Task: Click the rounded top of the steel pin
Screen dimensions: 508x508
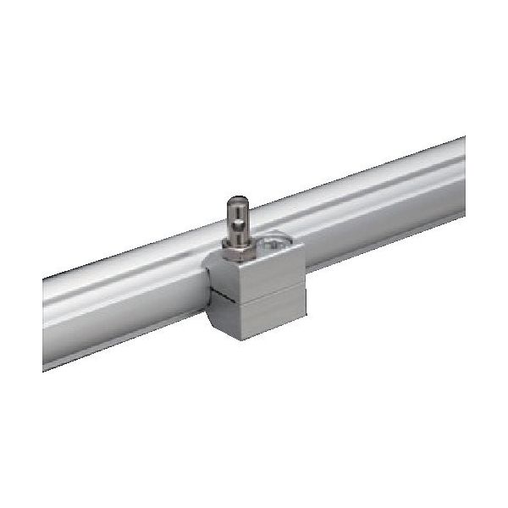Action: pyautogui.click(x=236, y=201)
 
